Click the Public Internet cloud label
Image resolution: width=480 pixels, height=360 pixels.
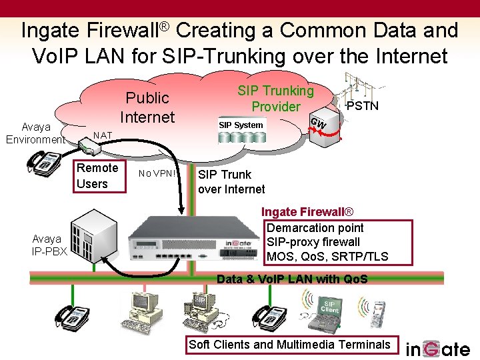[x=147, y=107]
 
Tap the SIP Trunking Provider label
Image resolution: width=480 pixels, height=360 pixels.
[x=275, y=99]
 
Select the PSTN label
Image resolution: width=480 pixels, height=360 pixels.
[x=363, y=106]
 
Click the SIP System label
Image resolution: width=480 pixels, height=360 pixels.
[x=241, y=125]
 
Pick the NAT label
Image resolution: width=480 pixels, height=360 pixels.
[x=103, y=136]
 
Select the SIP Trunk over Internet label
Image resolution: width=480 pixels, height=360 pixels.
[x=231, y=181]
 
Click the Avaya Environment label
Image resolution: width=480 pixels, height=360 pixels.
[x=35, y=133]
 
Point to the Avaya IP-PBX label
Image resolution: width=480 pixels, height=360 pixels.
[x=47, y=245]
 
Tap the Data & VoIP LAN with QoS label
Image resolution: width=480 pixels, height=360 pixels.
[x=292, y=279]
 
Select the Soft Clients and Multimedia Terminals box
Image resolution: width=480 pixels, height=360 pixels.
[x=289, y=345]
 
